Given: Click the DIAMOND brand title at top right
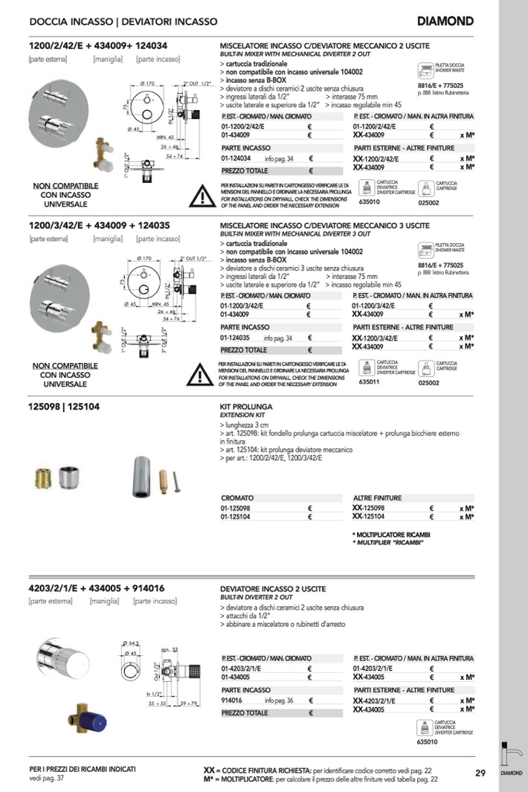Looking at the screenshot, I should (x=445, y=22).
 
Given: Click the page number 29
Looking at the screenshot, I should (x=480, y=773).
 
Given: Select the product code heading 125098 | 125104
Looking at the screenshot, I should (x=64, y=407).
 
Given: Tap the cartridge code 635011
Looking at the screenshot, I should (x=369, y=382).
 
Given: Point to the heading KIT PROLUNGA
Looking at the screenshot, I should (x=247, y=407).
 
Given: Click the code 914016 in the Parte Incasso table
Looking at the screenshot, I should (x=232, y=701).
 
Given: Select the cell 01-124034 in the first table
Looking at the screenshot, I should (x=236, y=158).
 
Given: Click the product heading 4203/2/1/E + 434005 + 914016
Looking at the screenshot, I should (x=97, y=588).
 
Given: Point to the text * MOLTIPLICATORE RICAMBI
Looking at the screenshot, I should (x=392, y=535).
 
